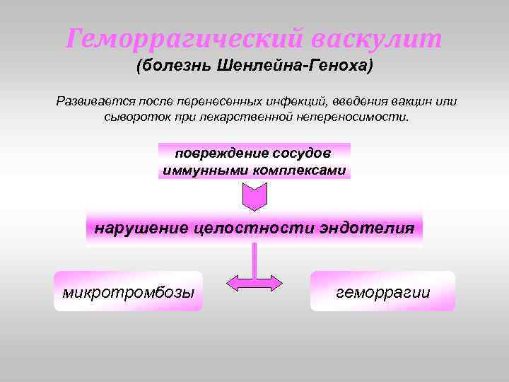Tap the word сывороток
click(x=134, y=116)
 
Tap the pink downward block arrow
click(x=255, y=196)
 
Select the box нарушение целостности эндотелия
click(x=255, y=228)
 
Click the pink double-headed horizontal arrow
click(x=254, y=283)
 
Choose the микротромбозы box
click(x=128, y=291)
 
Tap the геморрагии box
click(x=382, y=291)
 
